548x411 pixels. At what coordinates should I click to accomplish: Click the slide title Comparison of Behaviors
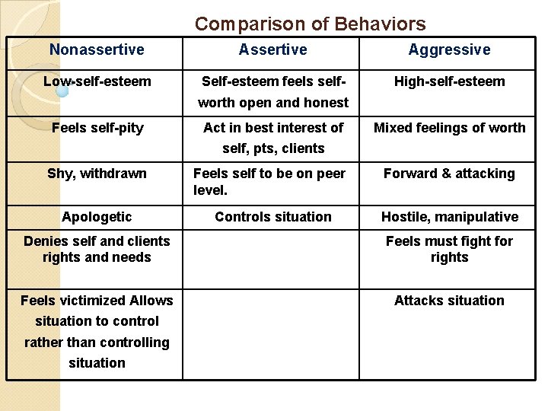point(310,24)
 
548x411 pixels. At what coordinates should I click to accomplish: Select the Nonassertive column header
point(97,50)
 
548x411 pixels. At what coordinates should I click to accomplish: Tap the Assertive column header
point(272,50)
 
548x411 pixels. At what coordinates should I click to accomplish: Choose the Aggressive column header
point(449,50)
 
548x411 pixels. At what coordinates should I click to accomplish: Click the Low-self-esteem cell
point(97,81)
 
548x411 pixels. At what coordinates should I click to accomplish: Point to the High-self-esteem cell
point(449,81)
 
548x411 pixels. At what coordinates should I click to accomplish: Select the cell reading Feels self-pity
point(97,128)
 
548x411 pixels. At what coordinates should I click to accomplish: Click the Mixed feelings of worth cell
point(449,128)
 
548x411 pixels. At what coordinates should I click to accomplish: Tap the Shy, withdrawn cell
point(97,174)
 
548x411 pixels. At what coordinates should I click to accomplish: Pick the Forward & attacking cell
point(449,174)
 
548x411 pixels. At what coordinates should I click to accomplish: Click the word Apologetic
point(97,217)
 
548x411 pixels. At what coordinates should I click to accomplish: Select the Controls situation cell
point(272,217)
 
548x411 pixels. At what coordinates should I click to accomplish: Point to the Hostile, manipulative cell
point(449,217)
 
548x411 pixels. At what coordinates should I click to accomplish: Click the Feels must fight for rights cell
point(449,249)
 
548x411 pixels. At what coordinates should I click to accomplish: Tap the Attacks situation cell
point(449,301)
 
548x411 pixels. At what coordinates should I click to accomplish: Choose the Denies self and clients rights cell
point(97,249)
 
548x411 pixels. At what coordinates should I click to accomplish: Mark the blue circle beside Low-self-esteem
point(62,91)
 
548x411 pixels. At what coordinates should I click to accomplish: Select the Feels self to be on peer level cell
point(269,181)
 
